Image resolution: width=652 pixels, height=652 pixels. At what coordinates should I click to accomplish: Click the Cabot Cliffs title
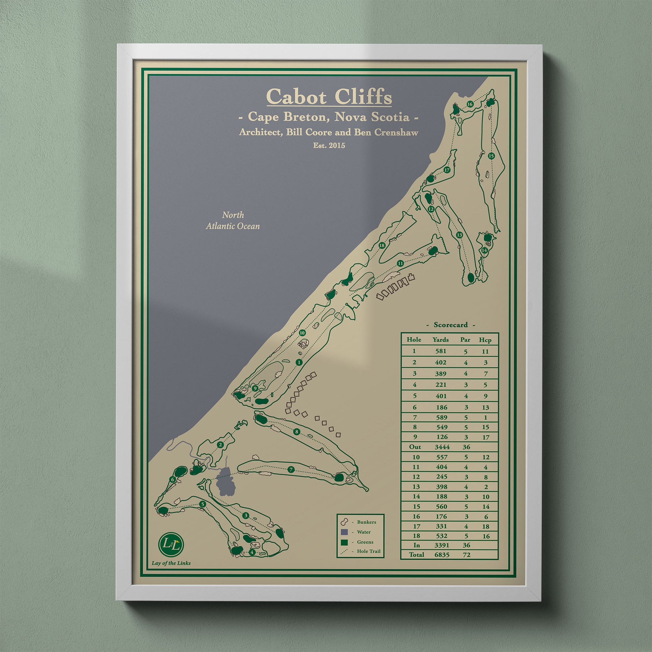329,97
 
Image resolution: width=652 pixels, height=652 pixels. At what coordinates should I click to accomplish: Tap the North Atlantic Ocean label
233,220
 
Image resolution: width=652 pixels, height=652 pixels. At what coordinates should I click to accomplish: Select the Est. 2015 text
329,145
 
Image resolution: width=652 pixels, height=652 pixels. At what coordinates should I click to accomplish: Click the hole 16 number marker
470,104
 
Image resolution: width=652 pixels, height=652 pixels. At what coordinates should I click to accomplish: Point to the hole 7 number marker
291,469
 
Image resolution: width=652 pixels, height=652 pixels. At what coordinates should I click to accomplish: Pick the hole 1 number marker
298,363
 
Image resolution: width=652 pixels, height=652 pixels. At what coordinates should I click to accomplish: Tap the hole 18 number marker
382,245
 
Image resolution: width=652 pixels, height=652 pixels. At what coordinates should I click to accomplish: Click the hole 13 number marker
459,235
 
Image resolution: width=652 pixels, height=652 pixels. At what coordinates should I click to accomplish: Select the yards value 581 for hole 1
440,351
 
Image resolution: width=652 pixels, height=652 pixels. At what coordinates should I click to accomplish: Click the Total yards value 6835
442,555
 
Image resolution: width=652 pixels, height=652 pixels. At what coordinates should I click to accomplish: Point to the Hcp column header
485,340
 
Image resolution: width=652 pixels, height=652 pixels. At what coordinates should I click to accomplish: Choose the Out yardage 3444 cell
442,447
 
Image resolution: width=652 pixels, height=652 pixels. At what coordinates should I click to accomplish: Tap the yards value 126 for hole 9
441,437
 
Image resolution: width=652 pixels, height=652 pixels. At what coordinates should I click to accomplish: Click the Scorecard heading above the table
451,325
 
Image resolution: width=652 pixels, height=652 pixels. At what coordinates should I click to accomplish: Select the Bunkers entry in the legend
367,522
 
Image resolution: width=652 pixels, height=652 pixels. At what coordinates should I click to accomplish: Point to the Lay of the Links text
171,563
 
